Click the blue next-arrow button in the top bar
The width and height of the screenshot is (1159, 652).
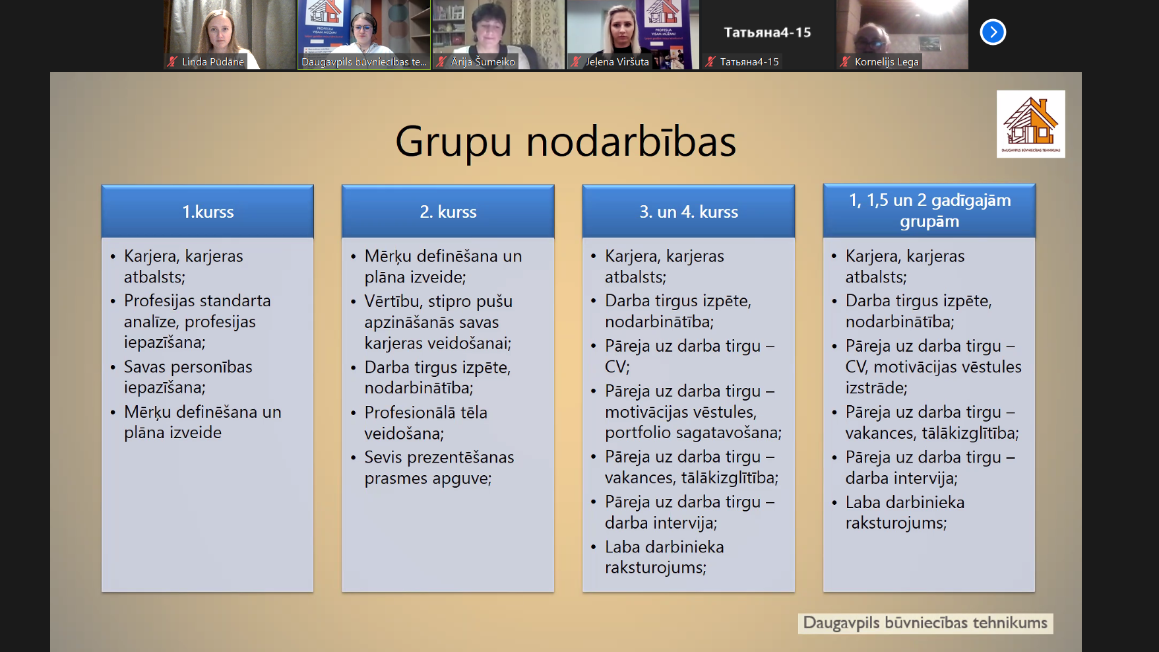coord(993,32)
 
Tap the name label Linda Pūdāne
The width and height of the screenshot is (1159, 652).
coord(213,62)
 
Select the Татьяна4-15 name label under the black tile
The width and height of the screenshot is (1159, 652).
coord(749,62)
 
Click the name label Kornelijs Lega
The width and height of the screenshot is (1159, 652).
coord(887,62)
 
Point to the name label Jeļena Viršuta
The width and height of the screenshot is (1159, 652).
coord(617,62)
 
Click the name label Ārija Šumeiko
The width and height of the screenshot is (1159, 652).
coord(483,62)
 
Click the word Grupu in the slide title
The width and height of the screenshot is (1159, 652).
coord(454,142)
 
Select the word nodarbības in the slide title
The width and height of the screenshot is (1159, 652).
coord(631,141)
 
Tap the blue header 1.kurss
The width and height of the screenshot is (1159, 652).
coord(208,212)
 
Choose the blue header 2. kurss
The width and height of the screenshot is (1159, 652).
coord(448,212)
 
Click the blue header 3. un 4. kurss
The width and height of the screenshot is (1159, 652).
coord(689,212)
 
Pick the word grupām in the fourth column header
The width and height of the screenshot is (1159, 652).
coord(929,222)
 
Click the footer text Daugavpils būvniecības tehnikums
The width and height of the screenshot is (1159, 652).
coord(925,623)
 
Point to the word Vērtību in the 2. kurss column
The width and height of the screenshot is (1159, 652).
coord(393,301)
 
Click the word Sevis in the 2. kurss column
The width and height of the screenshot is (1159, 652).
coord(384,457)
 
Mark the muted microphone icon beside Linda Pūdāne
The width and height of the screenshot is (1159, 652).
coord(172,61)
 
